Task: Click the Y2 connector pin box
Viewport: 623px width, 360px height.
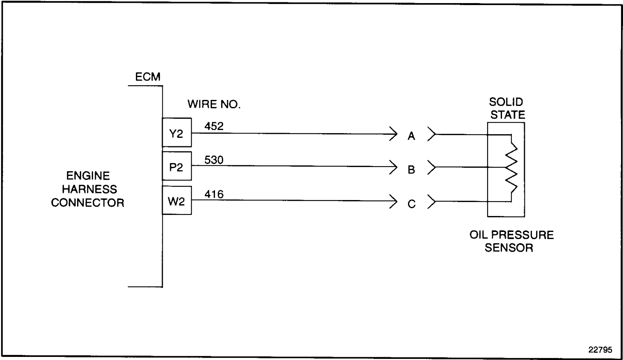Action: (177, 133)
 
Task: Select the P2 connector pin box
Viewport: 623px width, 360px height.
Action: (177, 167)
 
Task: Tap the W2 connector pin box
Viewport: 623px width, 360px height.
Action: (177, 200)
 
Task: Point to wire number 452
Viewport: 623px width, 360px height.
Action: (214, 126)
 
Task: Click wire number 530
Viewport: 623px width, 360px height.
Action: (214, 160)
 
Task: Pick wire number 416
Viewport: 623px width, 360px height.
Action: (214, 194)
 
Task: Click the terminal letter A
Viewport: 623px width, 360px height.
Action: (411, 136)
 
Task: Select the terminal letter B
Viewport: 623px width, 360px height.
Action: (411, 170)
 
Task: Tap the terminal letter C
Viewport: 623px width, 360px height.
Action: (411, 204)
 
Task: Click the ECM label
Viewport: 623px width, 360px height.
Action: (148, 77)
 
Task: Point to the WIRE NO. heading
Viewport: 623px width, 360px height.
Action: (214, 104)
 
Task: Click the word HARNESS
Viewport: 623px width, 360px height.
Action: (89, 189)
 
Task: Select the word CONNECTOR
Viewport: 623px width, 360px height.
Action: (88, 203)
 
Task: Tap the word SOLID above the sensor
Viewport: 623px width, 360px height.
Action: (506, 102)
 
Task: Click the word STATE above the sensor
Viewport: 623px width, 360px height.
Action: (507, 115)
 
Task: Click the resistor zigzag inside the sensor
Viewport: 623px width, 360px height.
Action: (511, 167)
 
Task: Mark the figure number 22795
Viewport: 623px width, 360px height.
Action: (600, 349)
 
